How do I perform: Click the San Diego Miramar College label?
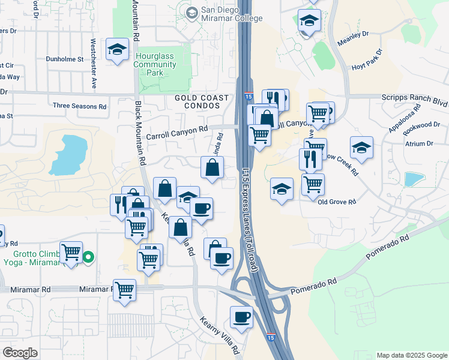point(232,14)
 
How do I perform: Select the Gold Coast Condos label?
point(202,102)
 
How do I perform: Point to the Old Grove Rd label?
point(337,202)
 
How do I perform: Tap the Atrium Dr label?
point(419,144)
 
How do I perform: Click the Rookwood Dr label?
point(423,125)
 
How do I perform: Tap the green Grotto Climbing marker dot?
point(88,258)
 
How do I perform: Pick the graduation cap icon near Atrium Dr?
point(361,146)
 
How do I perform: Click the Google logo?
point(20,353)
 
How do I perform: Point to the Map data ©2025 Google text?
point(412,355)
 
